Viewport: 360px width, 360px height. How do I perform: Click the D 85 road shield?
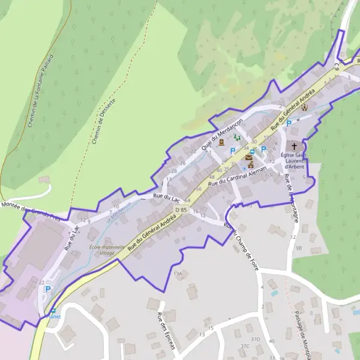181,209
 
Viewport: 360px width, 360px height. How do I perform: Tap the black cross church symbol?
294,146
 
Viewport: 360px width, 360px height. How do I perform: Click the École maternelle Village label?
107,250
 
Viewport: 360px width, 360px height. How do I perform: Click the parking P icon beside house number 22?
48,289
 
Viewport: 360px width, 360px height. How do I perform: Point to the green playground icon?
237,138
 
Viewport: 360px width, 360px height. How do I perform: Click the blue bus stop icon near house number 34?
253,152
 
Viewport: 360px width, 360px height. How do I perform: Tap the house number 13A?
178,274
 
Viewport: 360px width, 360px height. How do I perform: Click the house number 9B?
298,247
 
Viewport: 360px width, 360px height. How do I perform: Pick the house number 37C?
245,346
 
